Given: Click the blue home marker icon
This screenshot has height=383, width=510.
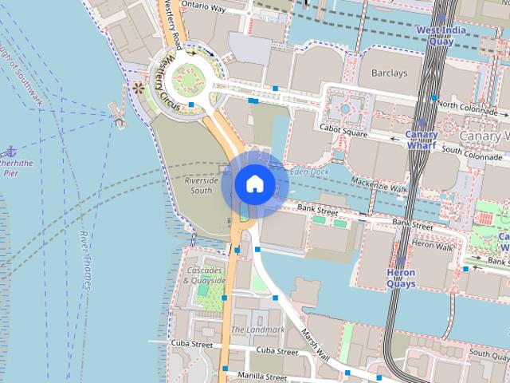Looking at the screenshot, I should coord(254,184).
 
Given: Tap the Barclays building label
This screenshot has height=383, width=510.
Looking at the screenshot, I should coord(389,73).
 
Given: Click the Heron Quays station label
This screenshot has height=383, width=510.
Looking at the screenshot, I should coord(401,277).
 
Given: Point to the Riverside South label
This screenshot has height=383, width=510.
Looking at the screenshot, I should coord(198,185).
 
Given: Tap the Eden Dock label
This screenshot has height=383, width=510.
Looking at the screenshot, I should coord(310,171).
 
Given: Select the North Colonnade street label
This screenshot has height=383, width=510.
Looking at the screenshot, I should coord(468,105).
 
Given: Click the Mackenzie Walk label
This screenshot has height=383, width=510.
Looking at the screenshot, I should coord(379,187).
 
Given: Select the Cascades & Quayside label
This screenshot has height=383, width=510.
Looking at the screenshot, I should coord(205,276).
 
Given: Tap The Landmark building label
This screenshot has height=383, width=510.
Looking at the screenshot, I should coord(257,330).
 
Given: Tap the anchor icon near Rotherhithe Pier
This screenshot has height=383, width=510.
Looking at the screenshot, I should coord(10,151).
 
